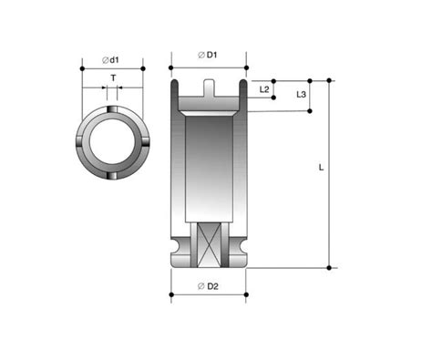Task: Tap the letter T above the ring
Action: pos(113,78)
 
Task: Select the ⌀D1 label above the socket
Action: pos(209,56)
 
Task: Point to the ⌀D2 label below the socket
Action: pos(209,286)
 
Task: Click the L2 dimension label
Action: pos(264,89)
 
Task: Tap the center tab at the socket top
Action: pos(209,88)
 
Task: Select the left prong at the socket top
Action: pos(175,91)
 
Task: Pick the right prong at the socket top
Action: pos(242,91)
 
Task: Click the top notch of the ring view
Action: pos(113,112)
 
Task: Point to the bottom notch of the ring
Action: pos(113,178)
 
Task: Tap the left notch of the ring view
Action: pos(80,145)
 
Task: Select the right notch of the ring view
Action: pos(146,145)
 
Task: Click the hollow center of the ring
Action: pos(113,145)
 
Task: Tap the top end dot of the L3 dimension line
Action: pos(311,80)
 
